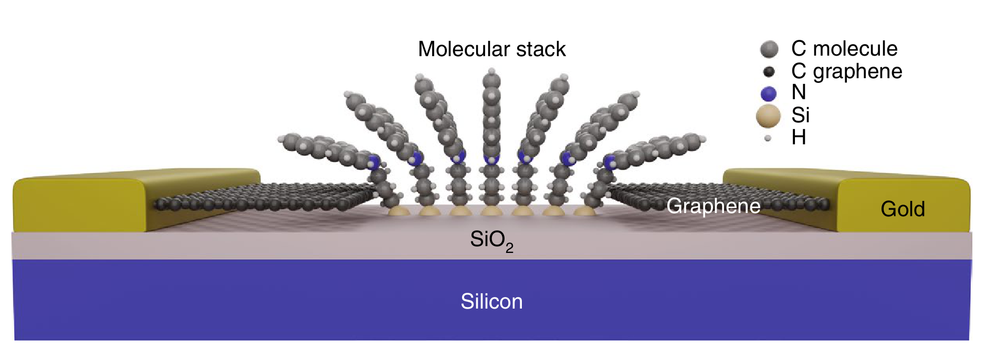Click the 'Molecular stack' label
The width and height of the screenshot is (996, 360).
coord(491,49)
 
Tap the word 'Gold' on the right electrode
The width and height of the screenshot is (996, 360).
coord(903,209)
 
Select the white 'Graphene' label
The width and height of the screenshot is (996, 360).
coord(713,206)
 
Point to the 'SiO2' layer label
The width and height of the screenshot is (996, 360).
coord(491,240)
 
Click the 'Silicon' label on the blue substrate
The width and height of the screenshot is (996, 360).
coord(491,301)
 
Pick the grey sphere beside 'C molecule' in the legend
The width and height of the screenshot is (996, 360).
coord(769,49)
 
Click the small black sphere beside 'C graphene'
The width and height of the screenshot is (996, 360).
coord(769,71)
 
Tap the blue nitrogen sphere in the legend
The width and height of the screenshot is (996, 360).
coord(769,93)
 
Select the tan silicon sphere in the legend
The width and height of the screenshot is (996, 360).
coord(768,116)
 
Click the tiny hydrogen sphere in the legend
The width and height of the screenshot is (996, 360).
coord(768,139)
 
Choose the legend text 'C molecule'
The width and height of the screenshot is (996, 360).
coord(844,48)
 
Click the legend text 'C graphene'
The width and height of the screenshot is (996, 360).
coord(846,71)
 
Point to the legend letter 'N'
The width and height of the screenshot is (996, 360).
coord(799,92)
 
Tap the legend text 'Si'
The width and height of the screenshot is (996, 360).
coord(800,115)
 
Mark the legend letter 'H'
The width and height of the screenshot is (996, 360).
coord(799,137)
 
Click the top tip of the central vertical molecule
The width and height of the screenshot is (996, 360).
coord(491,72)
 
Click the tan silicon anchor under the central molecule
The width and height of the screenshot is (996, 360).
coord(491,211)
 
